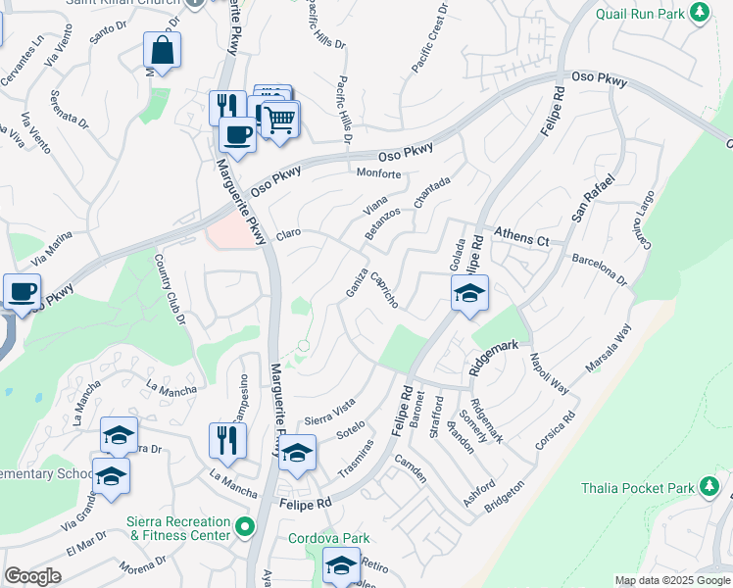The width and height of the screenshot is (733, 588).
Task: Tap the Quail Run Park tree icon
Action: [699, 13]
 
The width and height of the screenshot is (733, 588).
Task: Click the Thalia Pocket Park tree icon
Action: [709, 487]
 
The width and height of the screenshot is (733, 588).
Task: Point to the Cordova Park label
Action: [329, 538]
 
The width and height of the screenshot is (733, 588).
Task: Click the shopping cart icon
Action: [280, 120]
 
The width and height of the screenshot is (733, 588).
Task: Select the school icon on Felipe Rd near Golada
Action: [469, 293]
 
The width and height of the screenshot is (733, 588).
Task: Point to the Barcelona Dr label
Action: [599, 266]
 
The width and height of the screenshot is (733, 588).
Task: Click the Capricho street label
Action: [383, 290]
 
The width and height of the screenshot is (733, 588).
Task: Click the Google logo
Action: [32, 576]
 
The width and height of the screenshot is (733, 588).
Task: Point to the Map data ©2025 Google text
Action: [672, 580]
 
